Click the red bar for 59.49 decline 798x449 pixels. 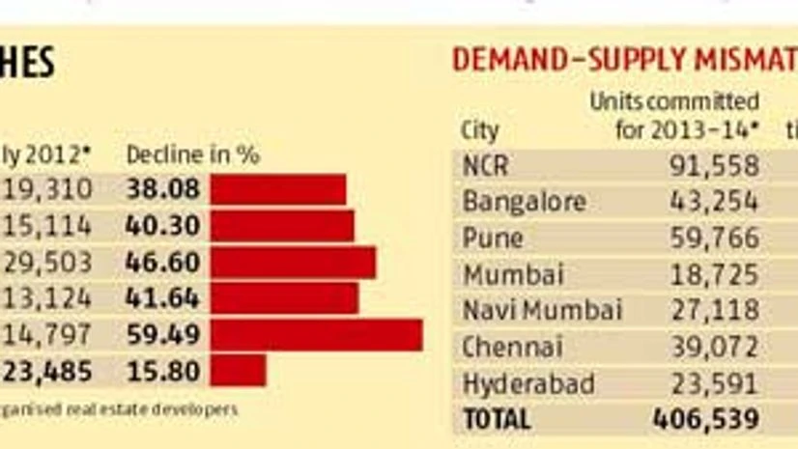coord(316,335)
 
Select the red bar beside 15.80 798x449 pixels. coord(238,370)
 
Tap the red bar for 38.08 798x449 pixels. coord(277,189)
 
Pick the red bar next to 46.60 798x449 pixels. coord(293,263)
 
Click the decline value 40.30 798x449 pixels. coord(162,226)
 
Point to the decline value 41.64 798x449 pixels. coord(162,298)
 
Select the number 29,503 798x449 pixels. coord(46,263)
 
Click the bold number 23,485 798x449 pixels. coord(46,370)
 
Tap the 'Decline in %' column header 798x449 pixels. coord(193,154)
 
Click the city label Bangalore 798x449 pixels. coord(524,202)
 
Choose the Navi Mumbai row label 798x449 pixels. coord(542,311)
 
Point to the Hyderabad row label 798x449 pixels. coord(527,383)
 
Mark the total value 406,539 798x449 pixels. coord(705,420)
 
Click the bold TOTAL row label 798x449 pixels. coord(497,420)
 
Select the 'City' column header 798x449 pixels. coord(480,131)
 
